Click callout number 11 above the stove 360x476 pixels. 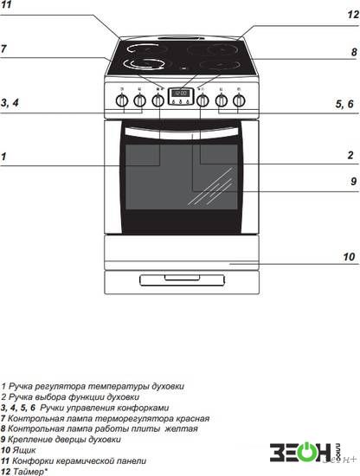pos(6,4)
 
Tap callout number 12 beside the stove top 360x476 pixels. pos(353,14)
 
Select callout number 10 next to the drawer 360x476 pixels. pos(349,257)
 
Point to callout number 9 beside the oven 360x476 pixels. pos(353,181)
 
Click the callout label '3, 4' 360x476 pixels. pos(10,103)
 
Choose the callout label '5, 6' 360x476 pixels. pos(344,104)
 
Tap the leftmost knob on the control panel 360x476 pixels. pos(122,100)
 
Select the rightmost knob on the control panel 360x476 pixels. pos(239,100)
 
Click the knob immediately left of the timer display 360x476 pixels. pos(157,100)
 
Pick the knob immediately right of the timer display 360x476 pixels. pos(202,100)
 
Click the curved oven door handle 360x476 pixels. pos(182,133)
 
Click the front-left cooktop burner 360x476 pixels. pos(144,63)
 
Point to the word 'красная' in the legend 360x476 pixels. pos(193,418)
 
